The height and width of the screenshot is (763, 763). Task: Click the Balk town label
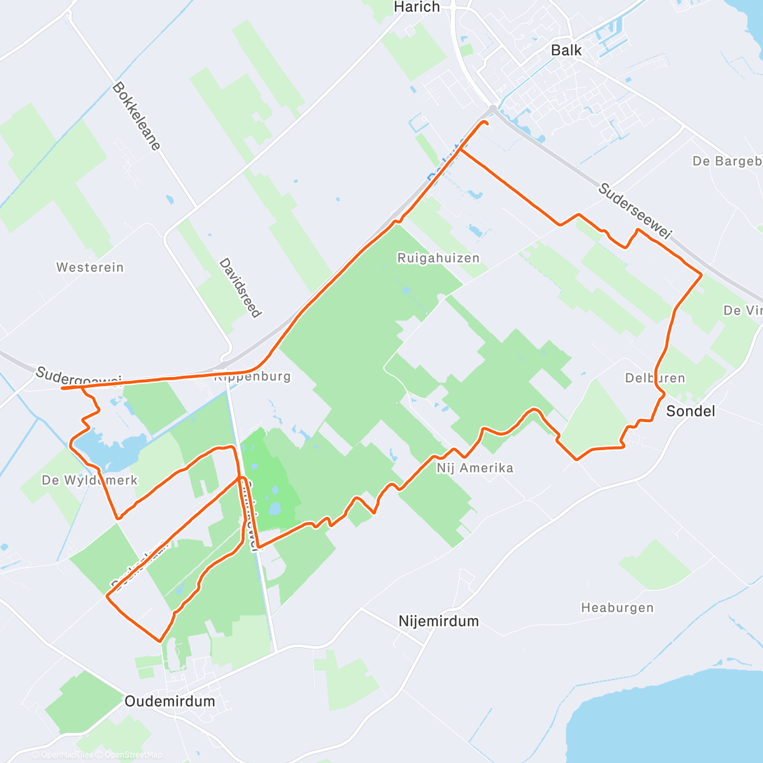pyautogui.click(x=566, y=50)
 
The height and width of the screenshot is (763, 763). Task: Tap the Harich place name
pyautogui.click(x=416, y=7)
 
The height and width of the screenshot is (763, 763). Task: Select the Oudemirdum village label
pyautogui.click(x=170, y=701)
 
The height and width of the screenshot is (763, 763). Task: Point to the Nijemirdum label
pyautogui.click(x=438, y=621)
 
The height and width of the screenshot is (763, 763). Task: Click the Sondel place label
pyautogui.click(x=691, y=411)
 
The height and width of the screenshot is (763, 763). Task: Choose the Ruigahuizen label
pyautogui.click(x=438, y=258)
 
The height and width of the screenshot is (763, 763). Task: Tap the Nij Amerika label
pyautogui.click(x=474, y=468)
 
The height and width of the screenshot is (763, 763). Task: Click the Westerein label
pyautogui.click(x=90, y=267)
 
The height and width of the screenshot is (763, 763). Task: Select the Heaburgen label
pyautogui.click(x=617, y=608)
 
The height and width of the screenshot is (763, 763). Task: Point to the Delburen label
pyautogui.click(x=655, y=378)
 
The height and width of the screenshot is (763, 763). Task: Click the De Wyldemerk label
pyautogui.click(x=89, y=480)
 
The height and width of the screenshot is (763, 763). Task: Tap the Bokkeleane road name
pyautogui.click(x=136, y=116)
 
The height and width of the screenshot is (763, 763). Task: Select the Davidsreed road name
pyautogui.click(x=240, y=287)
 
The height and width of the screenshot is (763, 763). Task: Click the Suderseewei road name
pyautogui.click(x=635, y=212)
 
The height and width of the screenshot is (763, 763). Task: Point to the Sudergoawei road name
pyautogui.click(x=78, y=377)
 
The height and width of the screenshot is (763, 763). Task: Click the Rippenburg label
pyautogui.click(x=252, y=376)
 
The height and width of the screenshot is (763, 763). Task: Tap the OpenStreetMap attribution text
pyautogui.click(x=130, y=755)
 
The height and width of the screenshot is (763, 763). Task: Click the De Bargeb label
pyautogui.click(x=727, y=162)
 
